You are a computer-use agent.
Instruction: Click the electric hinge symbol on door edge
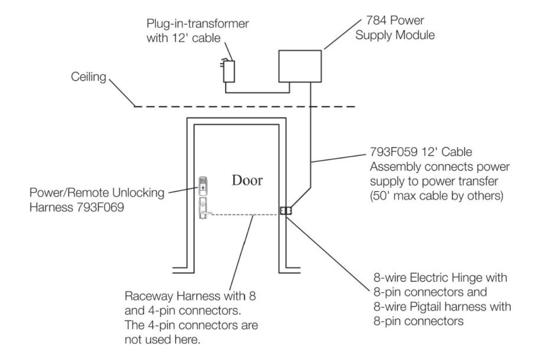click(x=285, y=211)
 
